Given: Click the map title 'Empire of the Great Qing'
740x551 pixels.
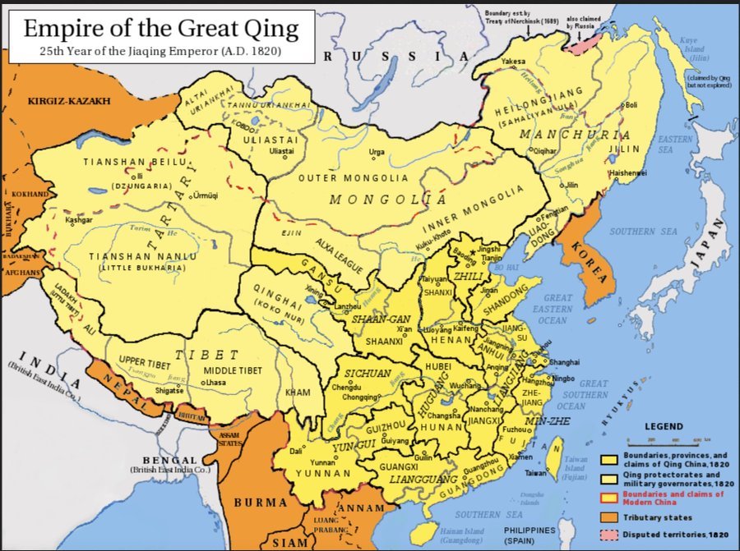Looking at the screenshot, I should (160, 29).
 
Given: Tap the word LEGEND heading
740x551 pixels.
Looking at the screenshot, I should (663, 427).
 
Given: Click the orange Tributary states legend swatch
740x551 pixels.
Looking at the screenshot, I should (609, 517).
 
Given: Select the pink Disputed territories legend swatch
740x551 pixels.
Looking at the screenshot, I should (609, 535).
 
